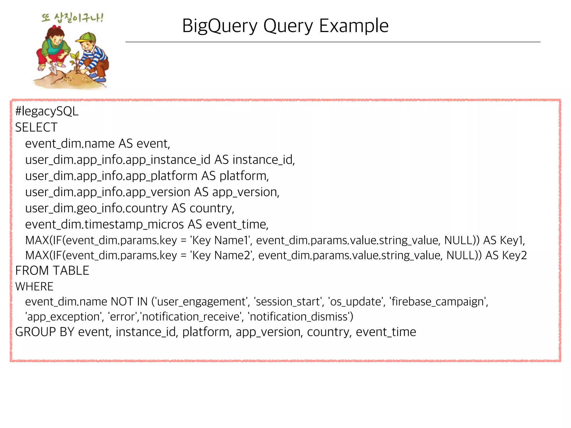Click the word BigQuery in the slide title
point(220,26)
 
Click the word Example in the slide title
point(354,26)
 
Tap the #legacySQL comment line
point(47,111)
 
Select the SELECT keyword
point(36,128)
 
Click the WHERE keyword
point(34,287)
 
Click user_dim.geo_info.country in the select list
point(96,208)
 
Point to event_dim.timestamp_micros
point(105,225)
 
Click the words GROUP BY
point(45,332)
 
